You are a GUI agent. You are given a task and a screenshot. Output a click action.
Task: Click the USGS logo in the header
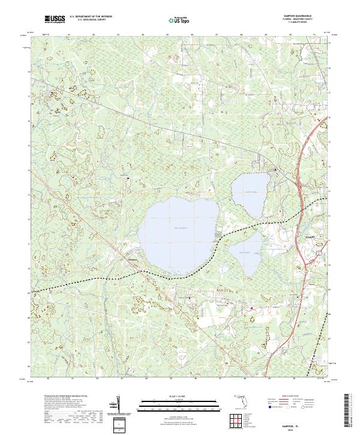pos(55,20)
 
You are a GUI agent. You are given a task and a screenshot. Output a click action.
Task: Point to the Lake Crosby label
pos(250,192)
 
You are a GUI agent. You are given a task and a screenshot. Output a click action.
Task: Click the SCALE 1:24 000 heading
pos(180,397)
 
